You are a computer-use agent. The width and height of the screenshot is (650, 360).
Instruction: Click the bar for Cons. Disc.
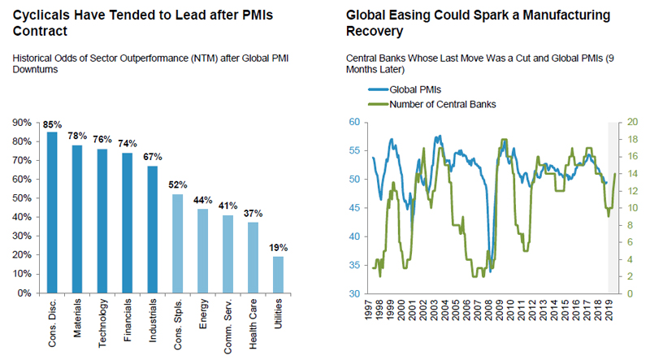coord(52,212)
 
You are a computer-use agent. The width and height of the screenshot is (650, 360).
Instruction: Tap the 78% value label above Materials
coord(77,137)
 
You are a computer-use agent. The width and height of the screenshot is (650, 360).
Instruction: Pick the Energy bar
coord(203,251)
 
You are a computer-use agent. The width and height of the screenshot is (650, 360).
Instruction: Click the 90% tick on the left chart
coord(22,123)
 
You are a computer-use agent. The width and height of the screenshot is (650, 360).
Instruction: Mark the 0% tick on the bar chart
coord(24,293)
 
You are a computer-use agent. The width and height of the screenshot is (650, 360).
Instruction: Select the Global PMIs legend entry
coord(414,90)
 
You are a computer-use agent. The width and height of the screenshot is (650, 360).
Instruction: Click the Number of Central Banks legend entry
coord(439,104)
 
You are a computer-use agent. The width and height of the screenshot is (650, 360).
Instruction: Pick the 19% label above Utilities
coord(279,248)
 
